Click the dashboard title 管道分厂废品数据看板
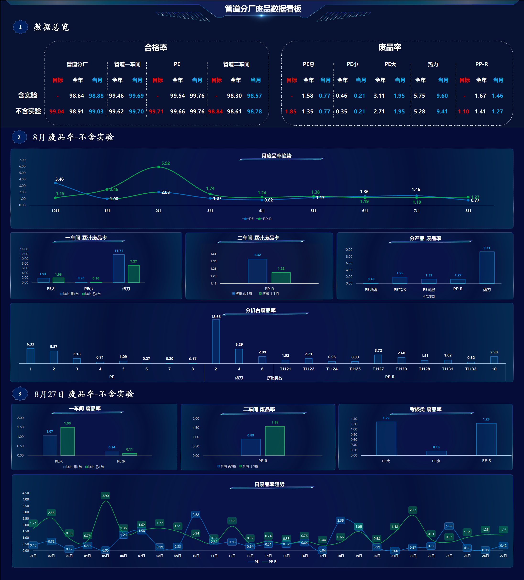coord(263,9)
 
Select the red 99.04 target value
coord(57,111)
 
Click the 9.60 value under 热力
coord(442,95)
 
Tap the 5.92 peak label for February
coord(166,163)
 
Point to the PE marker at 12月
coord(55,183)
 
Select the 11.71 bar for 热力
coord(119,268)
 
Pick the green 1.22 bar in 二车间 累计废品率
coord(281,278)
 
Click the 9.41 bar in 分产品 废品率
coord(487,268)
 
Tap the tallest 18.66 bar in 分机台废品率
coord(216,341)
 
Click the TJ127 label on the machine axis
coord(378,369)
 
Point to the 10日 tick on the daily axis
coord(196,556)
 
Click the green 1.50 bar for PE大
coord(68,441)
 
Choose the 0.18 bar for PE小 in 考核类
coord(436,453)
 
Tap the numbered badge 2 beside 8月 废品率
coord(19,137)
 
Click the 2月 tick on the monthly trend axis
coord(158,211)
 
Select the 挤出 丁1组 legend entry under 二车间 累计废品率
coord(269,293)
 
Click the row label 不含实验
coord(28,111)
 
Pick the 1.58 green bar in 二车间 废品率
coord(275,441)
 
